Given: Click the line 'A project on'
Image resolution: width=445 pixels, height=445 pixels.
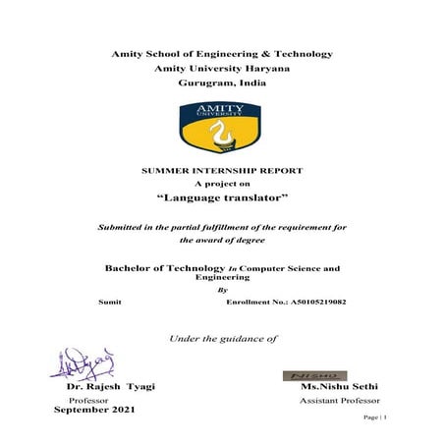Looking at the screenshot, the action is pos(222,184).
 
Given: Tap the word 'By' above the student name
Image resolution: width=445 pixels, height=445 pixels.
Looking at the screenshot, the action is pos(221,291).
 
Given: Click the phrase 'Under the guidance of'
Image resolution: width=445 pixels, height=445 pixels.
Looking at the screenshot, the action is pos(223,339).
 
